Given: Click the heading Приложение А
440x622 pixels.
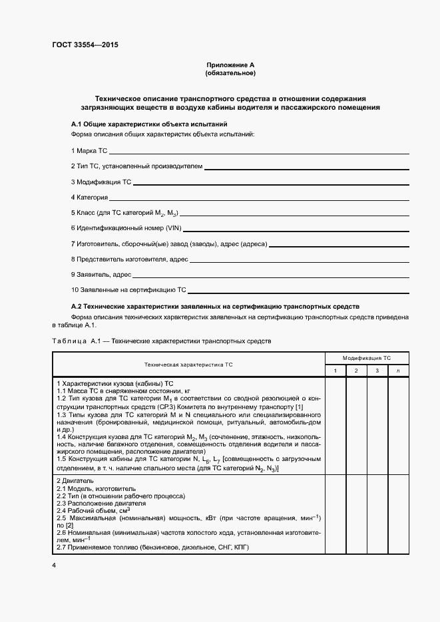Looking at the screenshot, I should pos(230,65).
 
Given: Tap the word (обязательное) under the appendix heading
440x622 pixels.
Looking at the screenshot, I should pos(230,73).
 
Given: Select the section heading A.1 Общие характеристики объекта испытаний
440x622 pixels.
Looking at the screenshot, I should pos(149,124).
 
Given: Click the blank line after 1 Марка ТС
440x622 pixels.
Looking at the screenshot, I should pos(259,152).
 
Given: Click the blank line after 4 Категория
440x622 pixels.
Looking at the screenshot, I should pos(260,198).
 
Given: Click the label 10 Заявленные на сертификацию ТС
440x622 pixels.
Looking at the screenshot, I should pos(128,290).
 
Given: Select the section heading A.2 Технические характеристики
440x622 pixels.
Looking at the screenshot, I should pos(215,307).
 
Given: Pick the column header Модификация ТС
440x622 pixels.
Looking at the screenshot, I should pos(367,357).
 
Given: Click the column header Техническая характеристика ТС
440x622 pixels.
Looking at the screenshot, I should pos(188,365).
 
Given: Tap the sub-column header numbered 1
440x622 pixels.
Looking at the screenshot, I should pos(335,371).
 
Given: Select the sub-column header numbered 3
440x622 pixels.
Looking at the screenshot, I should pos(377,371).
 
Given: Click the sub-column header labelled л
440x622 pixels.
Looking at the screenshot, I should pos(398,371).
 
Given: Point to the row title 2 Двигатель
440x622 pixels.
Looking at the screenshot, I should pos(75,480).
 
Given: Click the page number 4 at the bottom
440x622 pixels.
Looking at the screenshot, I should pos(54,565).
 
